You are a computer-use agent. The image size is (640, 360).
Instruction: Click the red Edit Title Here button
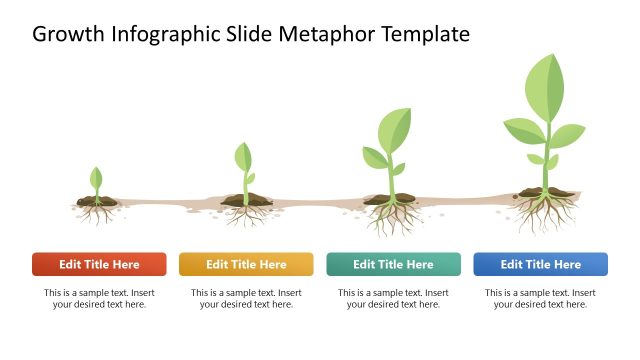click(99, 264)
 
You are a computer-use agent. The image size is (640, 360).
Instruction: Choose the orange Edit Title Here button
click(246, 264)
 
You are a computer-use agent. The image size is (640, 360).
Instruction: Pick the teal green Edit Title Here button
click(393, 264)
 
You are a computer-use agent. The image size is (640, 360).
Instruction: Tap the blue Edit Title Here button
click(540, 264)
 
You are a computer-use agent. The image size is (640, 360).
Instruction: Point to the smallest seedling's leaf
click(96, 179)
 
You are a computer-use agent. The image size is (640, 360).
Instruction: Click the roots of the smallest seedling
click(97, 213)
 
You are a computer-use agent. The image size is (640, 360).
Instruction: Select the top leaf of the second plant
click(243, 157)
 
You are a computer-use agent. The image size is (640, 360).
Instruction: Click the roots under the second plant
click(244, 214)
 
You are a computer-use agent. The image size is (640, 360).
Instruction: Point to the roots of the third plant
click(391, 217)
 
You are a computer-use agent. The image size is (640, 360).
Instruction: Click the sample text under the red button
click(99, 299)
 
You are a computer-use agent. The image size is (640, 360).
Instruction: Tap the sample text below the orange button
click(246, 299)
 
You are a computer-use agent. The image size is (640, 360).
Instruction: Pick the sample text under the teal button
click(393, 299)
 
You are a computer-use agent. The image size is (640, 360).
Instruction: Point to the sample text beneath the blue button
click(540, 299)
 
